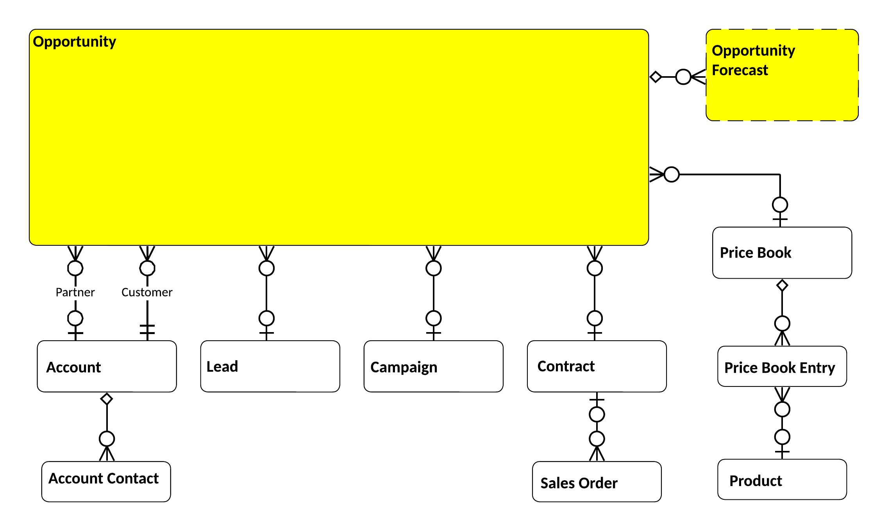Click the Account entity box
[107, 366]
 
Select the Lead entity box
[270, 366]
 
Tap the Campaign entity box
[433, 366]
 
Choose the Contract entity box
[597, 366]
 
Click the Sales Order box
[597, 481]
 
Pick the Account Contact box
[106, 481]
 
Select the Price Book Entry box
[782, 366]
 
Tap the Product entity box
[782, 479]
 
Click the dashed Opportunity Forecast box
[782, 75]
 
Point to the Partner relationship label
[75, 292]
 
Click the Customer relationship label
[147, 292]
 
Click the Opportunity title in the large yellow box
[74, 42]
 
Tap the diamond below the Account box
[107, 399]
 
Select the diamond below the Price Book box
[782, 286]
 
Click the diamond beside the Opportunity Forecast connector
[656, 77]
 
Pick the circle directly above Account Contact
[107, 439]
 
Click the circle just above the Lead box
[266, 318]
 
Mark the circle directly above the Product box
[782, 437]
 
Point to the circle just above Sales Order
[597, 439]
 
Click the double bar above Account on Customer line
[147, 329]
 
